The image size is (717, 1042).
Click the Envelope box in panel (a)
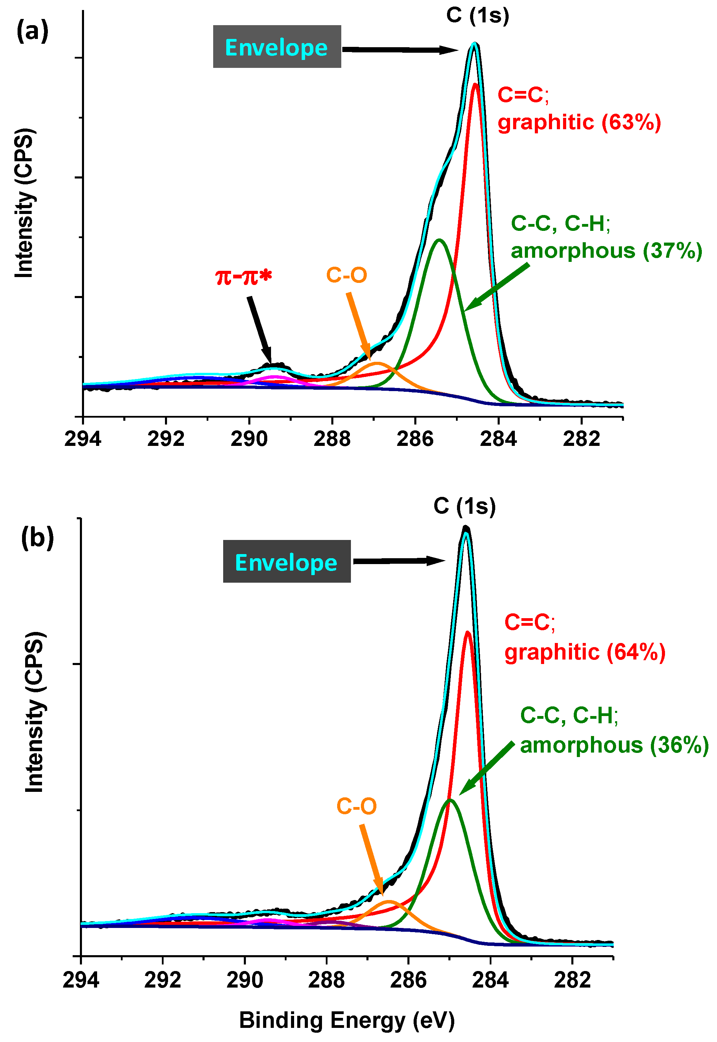point(277,47)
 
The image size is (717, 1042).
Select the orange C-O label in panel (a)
point(346,275)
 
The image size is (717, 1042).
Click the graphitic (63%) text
point(579,122)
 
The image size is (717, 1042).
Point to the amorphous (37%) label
point(606,251)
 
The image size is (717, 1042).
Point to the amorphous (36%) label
point(614,745)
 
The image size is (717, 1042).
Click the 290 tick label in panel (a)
point(249,438)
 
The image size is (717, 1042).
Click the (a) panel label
point(32,32)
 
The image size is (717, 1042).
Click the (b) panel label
point(37,537)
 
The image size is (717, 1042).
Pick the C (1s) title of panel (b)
point(465,506)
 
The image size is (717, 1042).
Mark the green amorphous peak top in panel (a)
point(439,240)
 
